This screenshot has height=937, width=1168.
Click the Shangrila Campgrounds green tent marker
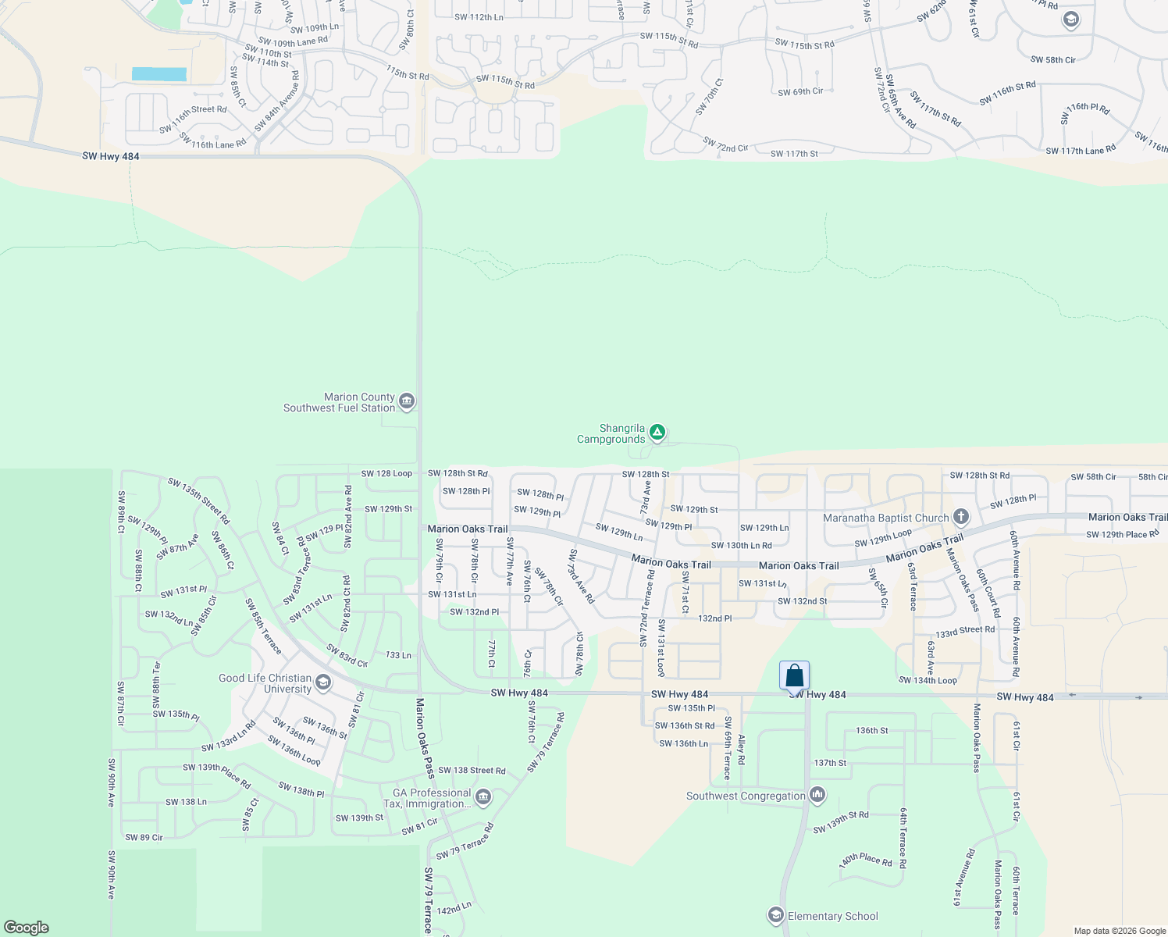point(657,432)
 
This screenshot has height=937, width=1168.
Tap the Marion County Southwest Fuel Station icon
point(406,402)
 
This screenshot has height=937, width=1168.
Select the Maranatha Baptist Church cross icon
point(961,517)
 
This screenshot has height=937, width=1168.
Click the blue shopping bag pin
point(794,675)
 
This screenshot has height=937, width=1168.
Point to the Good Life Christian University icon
point(322,683)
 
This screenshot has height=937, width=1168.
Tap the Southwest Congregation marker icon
point(817,796)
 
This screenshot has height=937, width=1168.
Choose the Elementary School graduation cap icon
point(775,915)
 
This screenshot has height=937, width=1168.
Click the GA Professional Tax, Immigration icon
point(483,797)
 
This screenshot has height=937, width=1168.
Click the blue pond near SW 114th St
point(159,74)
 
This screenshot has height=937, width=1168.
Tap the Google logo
point(27,927)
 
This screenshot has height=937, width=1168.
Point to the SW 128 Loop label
point(386,474)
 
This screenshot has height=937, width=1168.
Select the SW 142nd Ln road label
point(454,909)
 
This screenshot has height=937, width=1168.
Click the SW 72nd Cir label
point(725,144)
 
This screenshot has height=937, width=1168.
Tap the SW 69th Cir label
point(800,92)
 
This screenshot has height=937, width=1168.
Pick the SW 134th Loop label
point(928,680)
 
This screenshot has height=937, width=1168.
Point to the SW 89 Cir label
point(144,838)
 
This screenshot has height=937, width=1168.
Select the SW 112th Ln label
point(479,17)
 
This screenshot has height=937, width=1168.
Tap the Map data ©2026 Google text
point(1120,931)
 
